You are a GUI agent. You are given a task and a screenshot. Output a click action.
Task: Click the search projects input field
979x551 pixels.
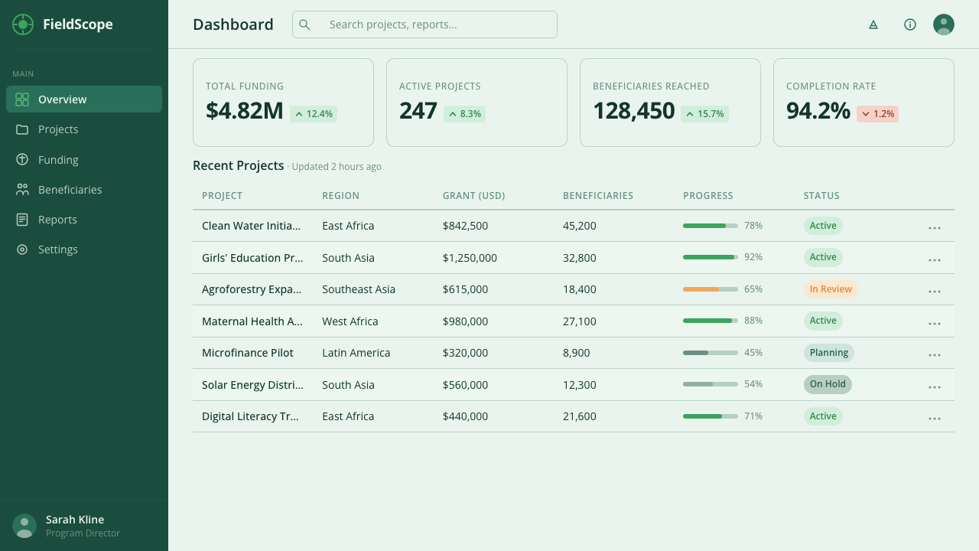(x=424, y=24)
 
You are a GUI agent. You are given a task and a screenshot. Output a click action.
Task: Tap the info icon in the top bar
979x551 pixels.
(x=910, y=24)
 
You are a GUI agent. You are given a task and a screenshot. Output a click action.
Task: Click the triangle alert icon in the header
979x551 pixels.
(x=873, y=24)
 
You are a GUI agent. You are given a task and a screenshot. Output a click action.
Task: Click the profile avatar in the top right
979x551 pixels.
(x=944, y=24)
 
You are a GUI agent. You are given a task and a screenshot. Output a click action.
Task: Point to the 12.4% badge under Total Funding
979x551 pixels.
(x=314, y=114)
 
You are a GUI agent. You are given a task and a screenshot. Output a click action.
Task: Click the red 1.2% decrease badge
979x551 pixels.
(x=877, y=114)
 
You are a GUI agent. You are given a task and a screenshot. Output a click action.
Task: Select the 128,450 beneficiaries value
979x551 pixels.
(x=634, y=111)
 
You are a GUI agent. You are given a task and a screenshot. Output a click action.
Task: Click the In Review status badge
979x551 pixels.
(x=831, y=289)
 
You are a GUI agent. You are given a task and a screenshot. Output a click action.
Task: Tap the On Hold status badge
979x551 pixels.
(x=828, y=384)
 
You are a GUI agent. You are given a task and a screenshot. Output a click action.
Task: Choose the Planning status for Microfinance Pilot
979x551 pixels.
(x=828, y=353)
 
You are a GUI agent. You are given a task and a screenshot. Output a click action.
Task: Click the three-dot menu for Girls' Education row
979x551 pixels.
(x=935, y=259)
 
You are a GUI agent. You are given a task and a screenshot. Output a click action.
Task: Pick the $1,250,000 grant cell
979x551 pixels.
(x=470, y=258)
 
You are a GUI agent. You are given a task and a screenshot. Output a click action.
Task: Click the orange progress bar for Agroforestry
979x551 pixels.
(x=711, y=289)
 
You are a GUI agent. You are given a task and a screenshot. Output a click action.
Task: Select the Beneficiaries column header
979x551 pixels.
(x=597, y=195)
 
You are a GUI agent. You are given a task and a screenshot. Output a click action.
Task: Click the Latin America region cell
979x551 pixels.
(x=356, y=353)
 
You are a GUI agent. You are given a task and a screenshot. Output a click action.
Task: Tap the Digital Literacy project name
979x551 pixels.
(x=250, y=416)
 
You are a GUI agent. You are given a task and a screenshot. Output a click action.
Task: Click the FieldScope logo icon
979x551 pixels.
(x=23, y=24)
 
